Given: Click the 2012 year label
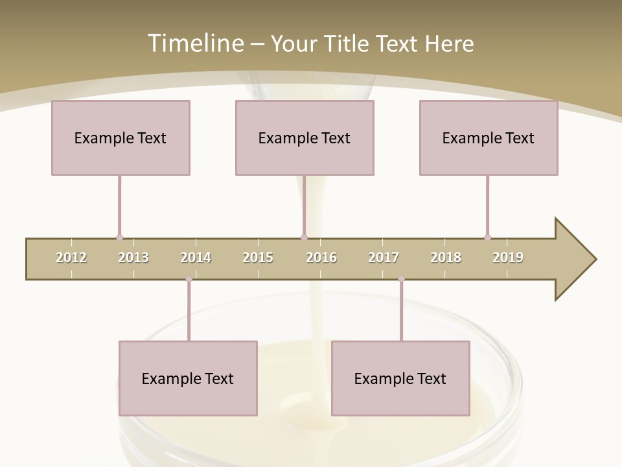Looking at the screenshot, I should (x=71, y=257).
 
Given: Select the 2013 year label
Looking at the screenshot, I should (x=133, y=257).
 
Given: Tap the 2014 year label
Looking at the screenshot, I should (x=196, y=257).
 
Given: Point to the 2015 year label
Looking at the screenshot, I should (x=258, y=257).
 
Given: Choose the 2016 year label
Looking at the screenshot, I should (x=321, y=257).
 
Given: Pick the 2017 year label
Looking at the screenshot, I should (x=384, y=257).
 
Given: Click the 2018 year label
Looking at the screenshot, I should (x=446, y=257).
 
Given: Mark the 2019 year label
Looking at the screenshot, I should (x=508, y=257).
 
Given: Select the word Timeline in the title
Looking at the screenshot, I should (x=194, y=43).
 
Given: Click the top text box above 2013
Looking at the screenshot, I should (x=121, y=138).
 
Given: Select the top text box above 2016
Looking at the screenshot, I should (x=305, y=138).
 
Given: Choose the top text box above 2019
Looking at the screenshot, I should (x=489, y=138).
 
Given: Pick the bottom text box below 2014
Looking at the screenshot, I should (x=188, y=378).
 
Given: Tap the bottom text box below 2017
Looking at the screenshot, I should (x=400, y=378).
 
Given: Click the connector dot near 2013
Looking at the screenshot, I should (x=119, y=237).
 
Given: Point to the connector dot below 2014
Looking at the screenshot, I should (x=189, y=279).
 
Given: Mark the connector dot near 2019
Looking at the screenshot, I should (x=487, y=237).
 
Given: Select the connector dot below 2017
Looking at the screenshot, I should (x=401, y=279).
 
